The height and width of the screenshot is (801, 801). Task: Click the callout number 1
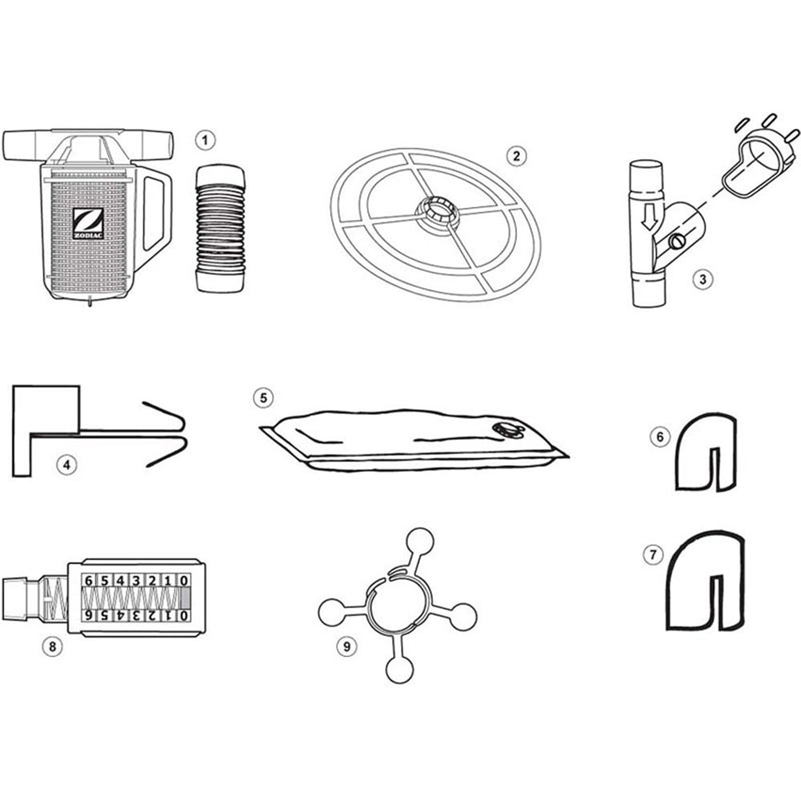point(205,141)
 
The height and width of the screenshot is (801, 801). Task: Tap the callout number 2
point(516,156)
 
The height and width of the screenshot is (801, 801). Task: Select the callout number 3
point(702,279)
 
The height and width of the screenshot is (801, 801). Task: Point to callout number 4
point(67,465)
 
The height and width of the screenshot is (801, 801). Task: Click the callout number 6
point(660,437)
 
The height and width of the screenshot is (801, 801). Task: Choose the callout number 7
point(653,555)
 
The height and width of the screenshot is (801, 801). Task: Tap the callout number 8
point(52,646)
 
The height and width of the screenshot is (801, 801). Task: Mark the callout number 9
point(346,646)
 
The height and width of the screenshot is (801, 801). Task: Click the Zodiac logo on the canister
point(88,224)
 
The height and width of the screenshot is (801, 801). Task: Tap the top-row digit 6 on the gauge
point(89,581)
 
